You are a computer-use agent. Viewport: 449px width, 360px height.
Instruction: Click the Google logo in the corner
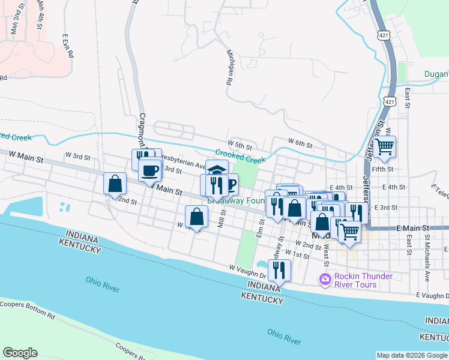(x=20, y=353)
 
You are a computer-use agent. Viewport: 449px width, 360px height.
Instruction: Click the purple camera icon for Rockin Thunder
(x=325, y=279)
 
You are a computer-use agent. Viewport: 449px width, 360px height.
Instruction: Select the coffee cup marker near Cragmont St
(x=149, y=170)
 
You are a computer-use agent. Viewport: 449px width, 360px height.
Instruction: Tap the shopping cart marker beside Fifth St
(x=384, y=146)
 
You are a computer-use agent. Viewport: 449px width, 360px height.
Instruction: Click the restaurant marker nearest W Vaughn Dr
(x=279, y=270)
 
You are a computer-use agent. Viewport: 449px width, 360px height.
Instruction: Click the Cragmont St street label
(x=142, y=129)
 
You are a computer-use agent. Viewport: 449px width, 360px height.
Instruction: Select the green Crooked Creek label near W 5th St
(x=240, y=157)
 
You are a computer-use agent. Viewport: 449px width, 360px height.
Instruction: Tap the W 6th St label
(x=300, y=142)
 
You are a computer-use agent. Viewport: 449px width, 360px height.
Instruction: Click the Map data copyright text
(x=412, y=355)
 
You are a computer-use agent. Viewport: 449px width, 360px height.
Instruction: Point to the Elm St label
(x=261, y=227)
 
